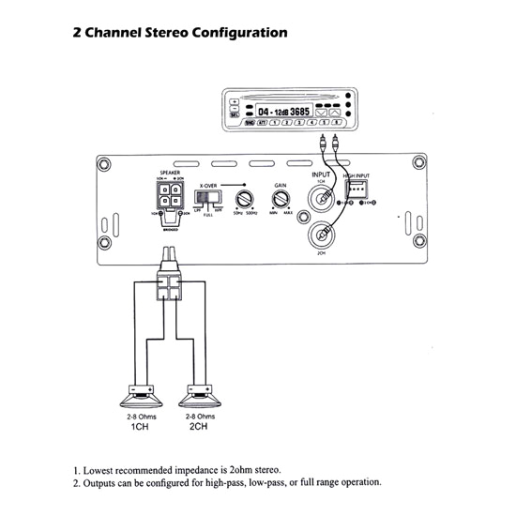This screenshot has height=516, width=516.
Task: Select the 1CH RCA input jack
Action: coord(321,199)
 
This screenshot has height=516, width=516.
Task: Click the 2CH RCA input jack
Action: coord(321,236)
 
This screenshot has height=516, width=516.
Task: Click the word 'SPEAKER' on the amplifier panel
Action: coord(170,173)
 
